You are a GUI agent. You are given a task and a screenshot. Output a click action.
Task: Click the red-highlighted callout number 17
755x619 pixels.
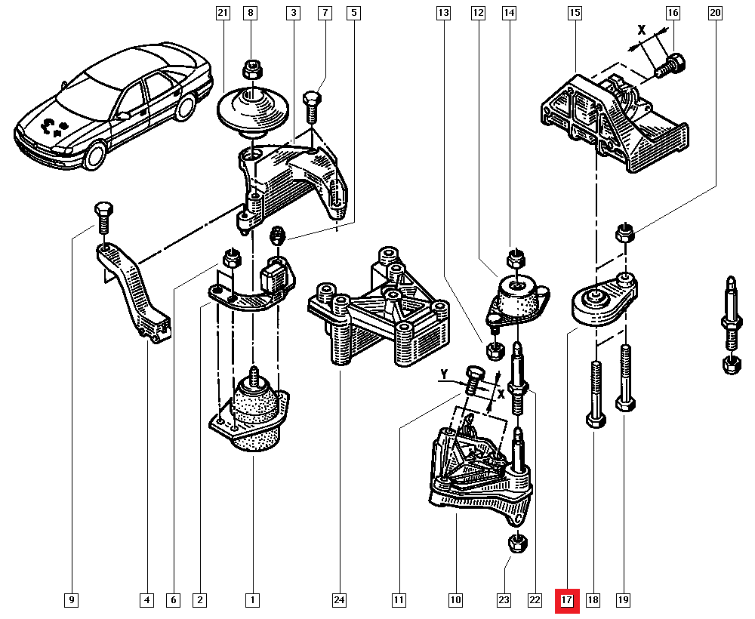[567, 601]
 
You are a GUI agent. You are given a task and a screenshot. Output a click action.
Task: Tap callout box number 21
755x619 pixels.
[221, 13]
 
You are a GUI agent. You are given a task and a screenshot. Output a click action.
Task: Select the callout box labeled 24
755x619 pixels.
[339, 601]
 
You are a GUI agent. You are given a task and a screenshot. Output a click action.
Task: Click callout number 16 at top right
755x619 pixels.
[673, 13]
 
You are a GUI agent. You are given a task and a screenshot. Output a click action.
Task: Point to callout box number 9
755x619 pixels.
[71, 601]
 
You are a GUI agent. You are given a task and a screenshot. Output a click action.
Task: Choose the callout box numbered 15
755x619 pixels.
[575, 13]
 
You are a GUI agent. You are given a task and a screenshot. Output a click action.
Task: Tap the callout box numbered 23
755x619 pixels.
[504, 601]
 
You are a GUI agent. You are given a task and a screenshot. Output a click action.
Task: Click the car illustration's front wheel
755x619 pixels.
[94, 156]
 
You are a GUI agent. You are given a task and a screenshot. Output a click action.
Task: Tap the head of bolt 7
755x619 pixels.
[312, 99]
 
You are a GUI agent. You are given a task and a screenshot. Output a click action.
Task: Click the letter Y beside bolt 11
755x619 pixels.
[445, 374]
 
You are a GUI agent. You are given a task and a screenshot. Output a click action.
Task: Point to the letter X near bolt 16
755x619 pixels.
[643, 31]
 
